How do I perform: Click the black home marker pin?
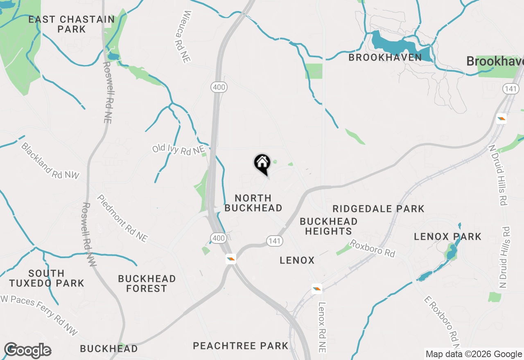click(262, 164)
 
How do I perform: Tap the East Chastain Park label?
click(72, 24)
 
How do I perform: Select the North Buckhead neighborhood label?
click(253, 203)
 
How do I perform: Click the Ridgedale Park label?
click(378, 209)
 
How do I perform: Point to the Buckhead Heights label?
click(328, 226)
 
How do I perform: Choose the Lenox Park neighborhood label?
click(447, 236)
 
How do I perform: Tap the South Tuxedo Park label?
click(47, 278)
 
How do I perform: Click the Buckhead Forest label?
click(147, 283)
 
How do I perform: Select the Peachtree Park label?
click(241, 346)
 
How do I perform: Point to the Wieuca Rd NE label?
click(182, 36)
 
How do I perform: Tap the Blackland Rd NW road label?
click(50, 161)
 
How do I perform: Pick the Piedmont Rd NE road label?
click(122, 218)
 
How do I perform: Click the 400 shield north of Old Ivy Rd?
click(219, 87)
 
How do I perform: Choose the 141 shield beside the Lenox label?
click(274, 241)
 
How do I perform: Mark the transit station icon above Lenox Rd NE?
click(316, 289)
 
